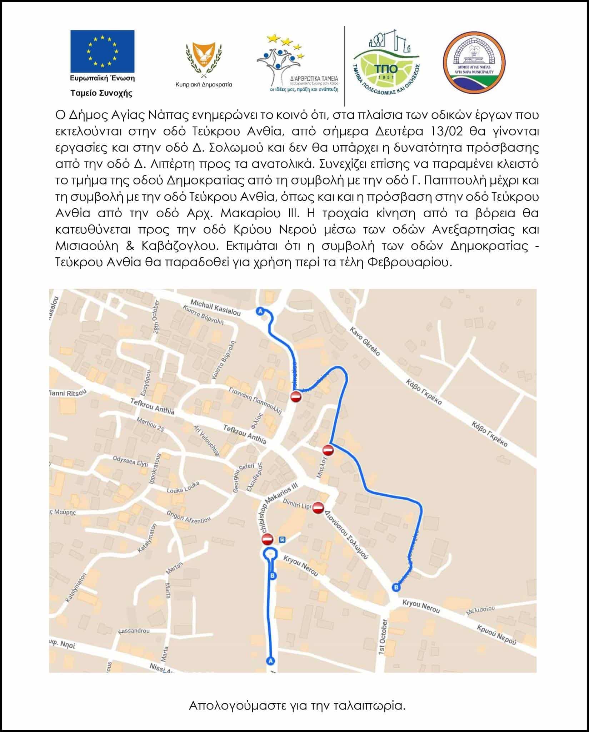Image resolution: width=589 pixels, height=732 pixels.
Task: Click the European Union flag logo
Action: tap(102, 51)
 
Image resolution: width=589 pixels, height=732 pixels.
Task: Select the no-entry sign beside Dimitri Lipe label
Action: tap(318, 508)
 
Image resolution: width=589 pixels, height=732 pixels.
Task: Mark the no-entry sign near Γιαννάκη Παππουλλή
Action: tap(295, 396)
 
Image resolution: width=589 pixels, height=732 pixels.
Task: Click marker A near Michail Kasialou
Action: tap(260, 311)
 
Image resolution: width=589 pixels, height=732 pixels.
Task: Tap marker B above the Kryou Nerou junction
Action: tap(395, 587)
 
